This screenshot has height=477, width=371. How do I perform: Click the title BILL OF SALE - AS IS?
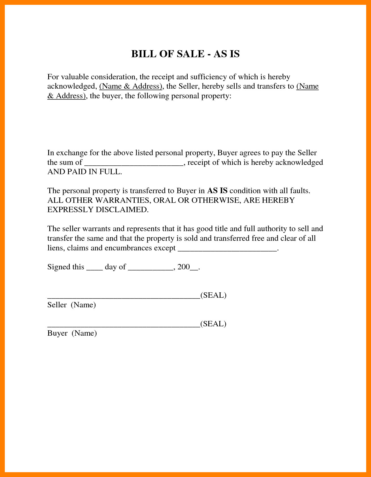[185, 54]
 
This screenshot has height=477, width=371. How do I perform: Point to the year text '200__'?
[187, 267]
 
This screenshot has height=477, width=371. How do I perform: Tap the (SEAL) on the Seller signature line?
[213, 295]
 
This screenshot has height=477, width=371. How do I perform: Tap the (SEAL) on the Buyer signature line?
[213, 324]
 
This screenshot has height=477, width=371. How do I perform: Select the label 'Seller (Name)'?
[71, 305]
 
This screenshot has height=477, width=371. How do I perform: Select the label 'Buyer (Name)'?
[72, 333]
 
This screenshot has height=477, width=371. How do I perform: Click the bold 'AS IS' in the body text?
[217, 191]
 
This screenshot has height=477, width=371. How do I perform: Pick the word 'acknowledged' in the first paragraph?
[71, 86]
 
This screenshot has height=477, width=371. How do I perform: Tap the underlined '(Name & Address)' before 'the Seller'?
[131, 86]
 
